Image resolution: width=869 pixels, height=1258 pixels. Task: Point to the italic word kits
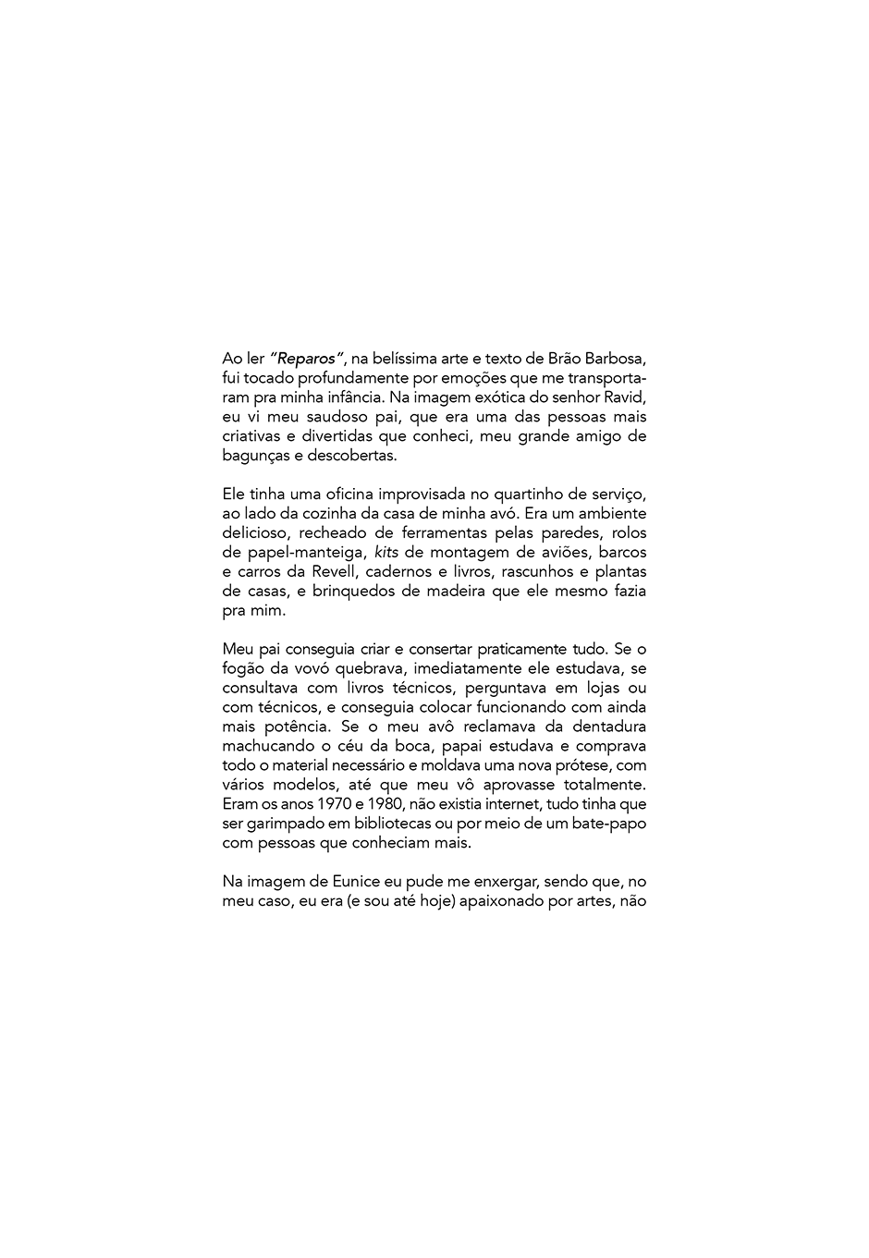pyautogui.click(x=386, y=553)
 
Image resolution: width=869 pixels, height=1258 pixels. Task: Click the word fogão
pyautogui.click(x=244, y=668)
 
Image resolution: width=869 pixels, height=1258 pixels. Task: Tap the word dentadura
pyautogui.click(x=609, y=727)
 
